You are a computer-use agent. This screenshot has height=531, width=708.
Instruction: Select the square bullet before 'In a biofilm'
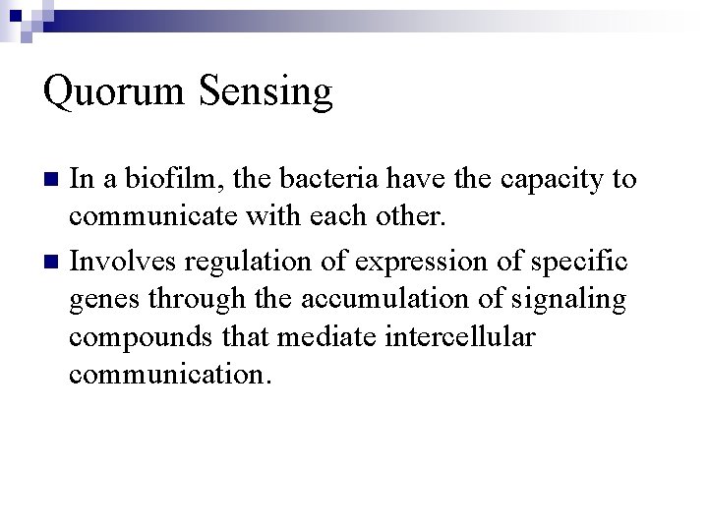click(x=54, y=180)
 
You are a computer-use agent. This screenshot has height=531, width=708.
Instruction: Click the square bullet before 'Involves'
click(x=54, y=263)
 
